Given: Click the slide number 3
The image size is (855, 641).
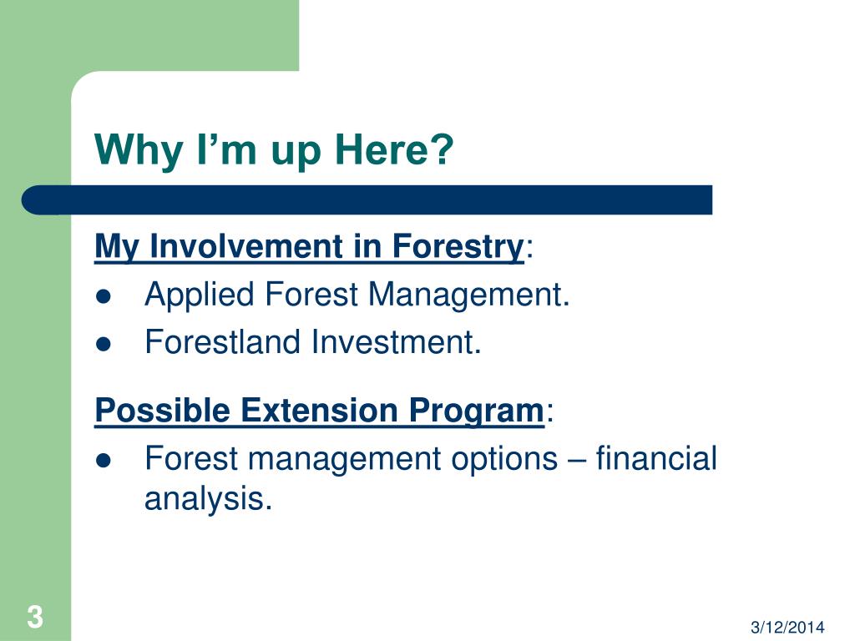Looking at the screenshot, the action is tap(35, 617).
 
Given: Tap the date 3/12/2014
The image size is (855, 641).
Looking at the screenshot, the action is tap(787, 627).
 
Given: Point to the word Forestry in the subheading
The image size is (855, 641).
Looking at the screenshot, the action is tap(458, 247).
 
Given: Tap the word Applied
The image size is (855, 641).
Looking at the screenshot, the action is tap(200, 295).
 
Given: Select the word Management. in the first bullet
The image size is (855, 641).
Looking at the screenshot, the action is tap(468, 295).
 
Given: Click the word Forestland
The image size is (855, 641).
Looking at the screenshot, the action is tap(222, 341).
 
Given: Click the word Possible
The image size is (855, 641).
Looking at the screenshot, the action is tap(162, 410).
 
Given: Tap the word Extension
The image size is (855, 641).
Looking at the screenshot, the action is tap(319, 410).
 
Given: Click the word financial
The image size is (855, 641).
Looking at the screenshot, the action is tap(656, 458).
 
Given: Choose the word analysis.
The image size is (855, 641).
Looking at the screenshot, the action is tap(208, 499).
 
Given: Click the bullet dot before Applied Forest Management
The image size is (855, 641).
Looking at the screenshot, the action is tap(103, 297).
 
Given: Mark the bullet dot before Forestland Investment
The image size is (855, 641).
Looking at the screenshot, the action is tap(103, 344).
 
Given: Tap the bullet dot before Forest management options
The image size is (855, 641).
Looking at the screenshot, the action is tap(103, 461).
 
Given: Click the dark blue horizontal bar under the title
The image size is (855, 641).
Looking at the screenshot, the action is tap(367, 200).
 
